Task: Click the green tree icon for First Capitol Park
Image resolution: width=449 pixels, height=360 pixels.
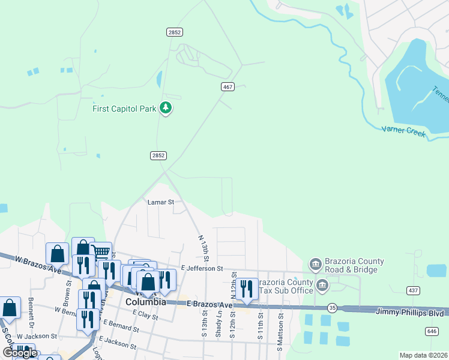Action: coord(166,109)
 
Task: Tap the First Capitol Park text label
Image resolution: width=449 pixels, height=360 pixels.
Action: coord(124,109)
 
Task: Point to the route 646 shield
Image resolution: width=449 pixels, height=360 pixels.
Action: coord(432,331)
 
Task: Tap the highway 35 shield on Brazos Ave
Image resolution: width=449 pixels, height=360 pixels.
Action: coord(332,307)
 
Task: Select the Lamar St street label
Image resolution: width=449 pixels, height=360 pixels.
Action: coord(160,203)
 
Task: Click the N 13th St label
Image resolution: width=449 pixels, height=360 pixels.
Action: coord(202,248)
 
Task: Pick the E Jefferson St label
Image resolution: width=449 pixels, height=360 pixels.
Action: coord(202,268)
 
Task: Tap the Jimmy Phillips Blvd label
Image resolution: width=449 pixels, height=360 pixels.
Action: coord(410,313)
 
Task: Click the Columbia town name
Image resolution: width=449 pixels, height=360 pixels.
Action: coord(145,302)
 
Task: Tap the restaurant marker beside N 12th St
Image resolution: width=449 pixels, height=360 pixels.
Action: coord(247,289)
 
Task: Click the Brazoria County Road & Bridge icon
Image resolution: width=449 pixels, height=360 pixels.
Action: coord(315,264)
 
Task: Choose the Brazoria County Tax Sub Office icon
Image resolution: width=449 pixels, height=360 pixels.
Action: coord(322,284)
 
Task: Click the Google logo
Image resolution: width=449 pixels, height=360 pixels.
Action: coord(19,353)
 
